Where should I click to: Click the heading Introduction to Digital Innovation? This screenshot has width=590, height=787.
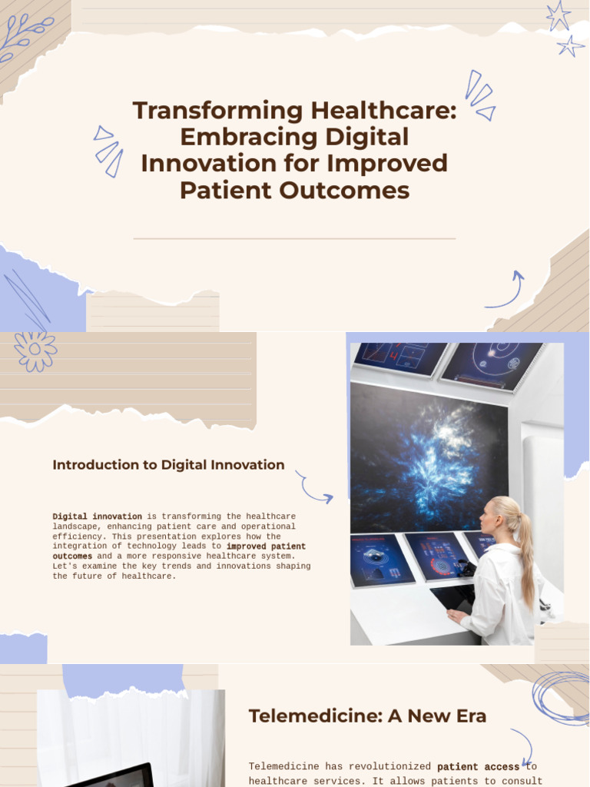point(168,465)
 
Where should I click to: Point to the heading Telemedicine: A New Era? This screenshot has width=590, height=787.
point(367,716)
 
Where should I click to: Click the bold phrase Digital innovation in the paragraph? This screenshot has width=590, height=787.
point(97,516)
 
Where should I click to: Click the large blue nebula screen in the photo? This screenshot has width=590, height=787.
point(427,457)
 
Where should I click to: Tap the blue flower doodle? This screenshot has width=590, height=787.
point(35,351)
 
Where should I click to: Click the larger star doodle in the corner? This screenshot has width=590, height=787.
point(558,15)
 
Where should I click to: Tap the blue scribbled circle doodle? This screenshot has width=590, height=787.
point(562,697)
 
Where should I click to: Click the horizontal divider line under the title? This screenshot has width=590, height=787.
point(294,239)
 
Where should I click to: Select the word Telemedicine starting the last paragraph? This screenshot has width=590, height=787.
point(279,767)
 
